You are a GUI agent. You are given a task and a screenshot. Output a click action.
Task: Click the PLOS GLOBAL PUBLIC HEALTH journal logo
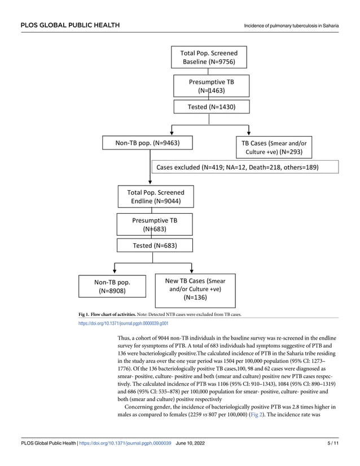pos(70,25)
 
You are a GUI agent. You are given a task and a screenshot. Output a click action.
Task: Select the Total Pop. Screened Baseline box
pos(209,57)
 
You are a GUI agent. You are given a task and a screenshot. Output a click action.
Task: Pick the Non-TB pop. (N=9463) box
pos(147,143)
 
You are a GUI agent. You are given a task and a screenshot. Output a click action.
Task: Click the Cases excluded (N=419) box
pos(245,167)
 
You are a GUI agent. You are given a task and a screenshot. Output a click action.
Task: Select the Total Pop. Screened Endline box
pos(155,197)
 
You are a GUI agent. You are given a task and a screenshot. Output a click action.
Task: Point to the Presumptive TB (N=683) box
pos(154,225)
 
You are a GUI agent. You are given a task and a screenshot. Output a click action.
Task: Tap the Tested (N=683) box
pos(154,245)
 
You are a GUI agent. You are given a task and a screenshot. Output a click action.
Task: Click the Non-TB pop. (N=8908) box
pos(112,286)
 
